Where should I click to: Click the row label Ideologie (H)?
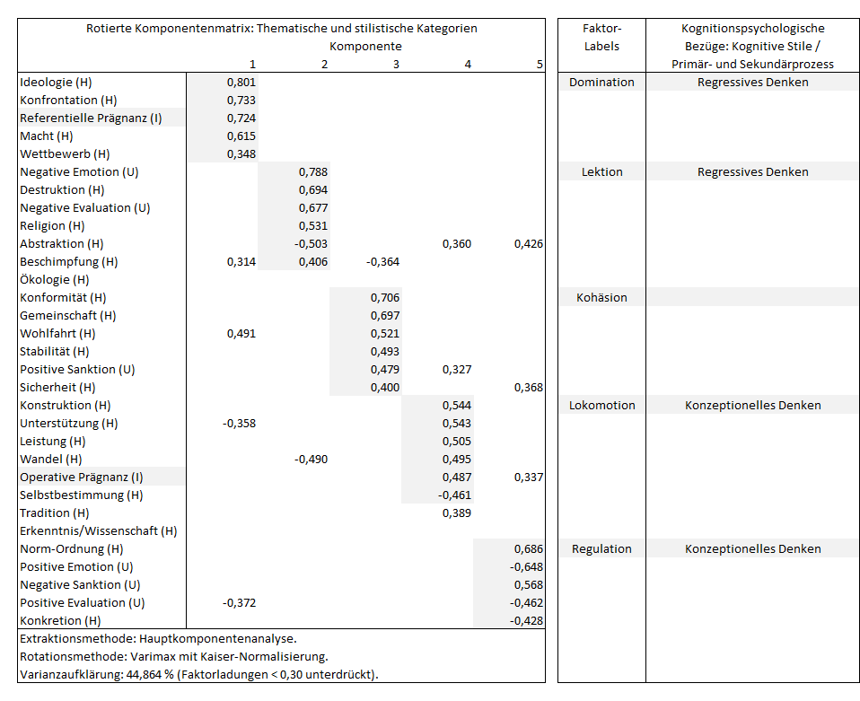(x=56, y=83)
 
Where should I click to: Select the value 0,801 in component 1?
(x=241, y=83)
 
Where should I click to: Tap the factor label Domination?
(x=601, y=83)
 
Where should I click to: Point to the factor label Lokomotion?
(x=601, y=406)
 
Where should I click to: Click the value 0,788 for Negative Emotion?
(x=313, y=172)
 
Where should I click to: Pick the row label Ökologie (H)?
(x=54, y=280)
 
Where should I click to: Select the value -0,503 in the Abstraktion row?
(x=311, y=244)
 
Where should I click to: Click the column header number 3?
(x=396, y=65)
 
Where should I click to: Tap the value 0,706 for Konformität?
(x=385, y=298)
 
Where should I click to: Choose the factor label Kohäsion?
(x=601, y=298)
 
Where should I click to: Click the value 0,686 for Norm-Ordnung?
(x=529, y=549)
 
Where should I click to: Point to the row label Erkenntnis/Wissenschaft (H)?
(x=98, y=531)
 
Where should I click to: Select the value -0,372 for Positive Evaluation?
(x=239, y=603)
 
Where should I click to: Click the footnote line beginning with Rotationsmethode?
(x=174, y=657)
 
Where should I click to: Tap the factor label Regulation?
(x=601, y=549)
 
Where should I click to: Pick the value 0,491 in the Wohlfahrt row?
(x=241, y=334)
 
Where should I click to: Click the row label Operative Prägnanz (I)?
(x=81, y=478)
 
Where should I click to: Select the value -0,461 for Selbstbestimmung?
(x=454, y=495)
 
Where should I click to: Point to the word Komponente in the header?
(x=365, y=47)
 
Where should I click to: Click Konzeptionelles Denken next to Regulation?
(x=752, y=549)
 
